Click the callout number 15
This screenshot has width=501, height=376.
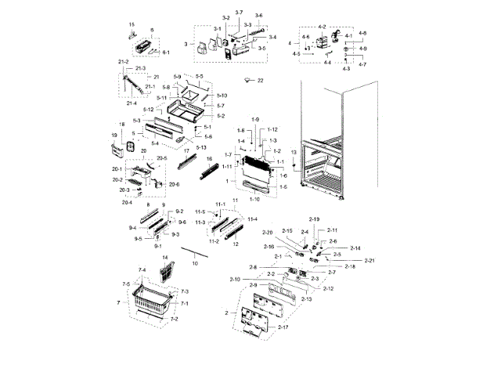click(132, 25)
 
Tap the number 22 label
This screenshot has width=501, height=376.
click(261, 81)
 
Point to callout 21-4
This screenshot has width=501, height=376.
click(132, 103)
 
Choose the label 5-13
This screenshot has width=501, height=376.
click(202, 147)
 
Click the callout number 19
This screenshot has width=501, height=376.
click(114, 136)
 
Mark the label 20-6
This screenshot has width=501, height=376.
click(173, 184)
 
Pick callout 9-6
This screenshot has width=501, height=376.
click(182, 222)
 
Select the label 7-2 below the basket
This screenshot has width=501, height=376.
click(174, 320)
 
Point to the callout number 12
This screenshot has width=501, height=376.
click(235, 244)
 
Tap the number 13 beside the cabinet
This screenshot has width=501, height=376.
click(294, 151)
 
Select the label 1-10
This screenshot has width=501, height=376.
click(254, 200)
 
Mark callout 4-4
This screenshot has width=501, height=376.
click(327, 62)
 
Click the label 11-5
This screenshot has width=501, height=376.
click(200, 212)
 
